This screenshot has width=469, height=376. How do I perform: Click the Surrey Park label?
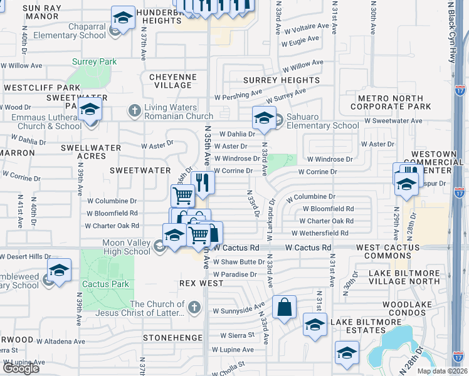(95, 62)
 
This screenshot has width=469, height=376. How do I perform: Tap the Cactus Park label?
(107, 284)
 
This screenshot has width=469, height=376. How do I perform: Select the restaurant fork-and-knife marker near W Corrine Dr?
(203, 182)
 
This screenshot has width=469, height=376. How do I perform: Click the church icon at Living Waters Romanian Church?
(134, 111)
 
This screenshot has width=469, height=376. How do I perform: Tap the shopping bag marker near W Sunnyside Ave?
(284, 307)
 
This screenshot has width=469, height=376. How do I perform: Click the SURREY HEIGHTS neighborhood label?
(281, 80)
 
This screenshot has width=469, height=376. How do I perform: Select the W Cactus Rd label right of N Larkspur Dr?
(307, 248)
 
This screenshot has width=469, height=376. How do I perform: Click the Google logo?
(20, 368)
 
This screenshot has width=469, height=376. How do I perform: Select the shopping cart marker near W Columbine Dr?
(182, 195)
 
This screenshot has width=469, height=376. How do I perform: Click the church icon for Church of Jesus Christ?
(194, 307)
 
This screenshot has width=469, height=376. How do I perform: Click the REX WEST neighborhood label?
(191, 283)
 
